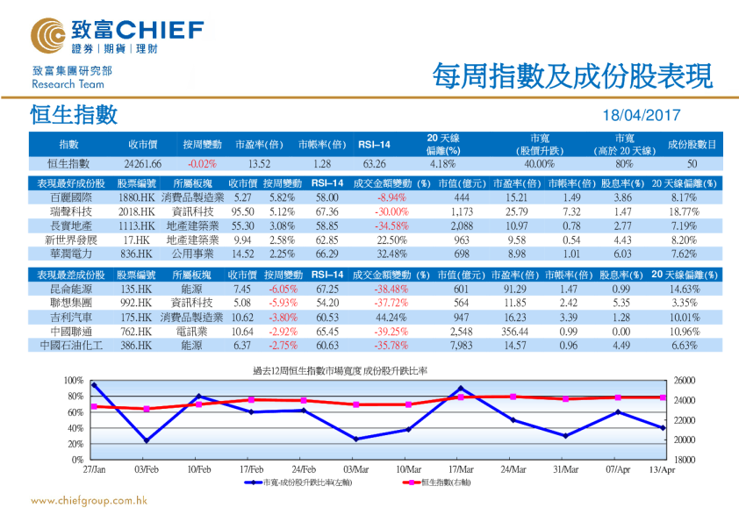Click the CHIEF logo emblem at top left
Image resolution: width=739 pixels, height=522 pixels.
point(48,36)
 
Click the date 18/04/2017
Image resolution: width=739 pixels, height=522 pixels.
point(642,116)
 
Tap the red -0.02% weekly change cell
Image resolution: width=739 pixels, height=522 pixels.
point(202,163)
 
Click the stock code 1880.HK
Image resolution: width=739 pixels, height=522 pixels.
point(136,198)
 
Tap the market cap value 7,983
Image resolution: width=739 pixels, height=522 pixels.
point(462,346)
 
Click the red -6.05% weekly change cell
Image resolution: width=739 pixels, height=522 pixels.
point(283,289)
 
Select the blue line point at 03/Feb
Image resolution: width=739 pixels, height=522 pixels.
point(146,440)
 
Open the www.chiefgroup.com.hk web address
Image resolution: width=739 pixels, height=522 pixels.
point(88,501)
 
